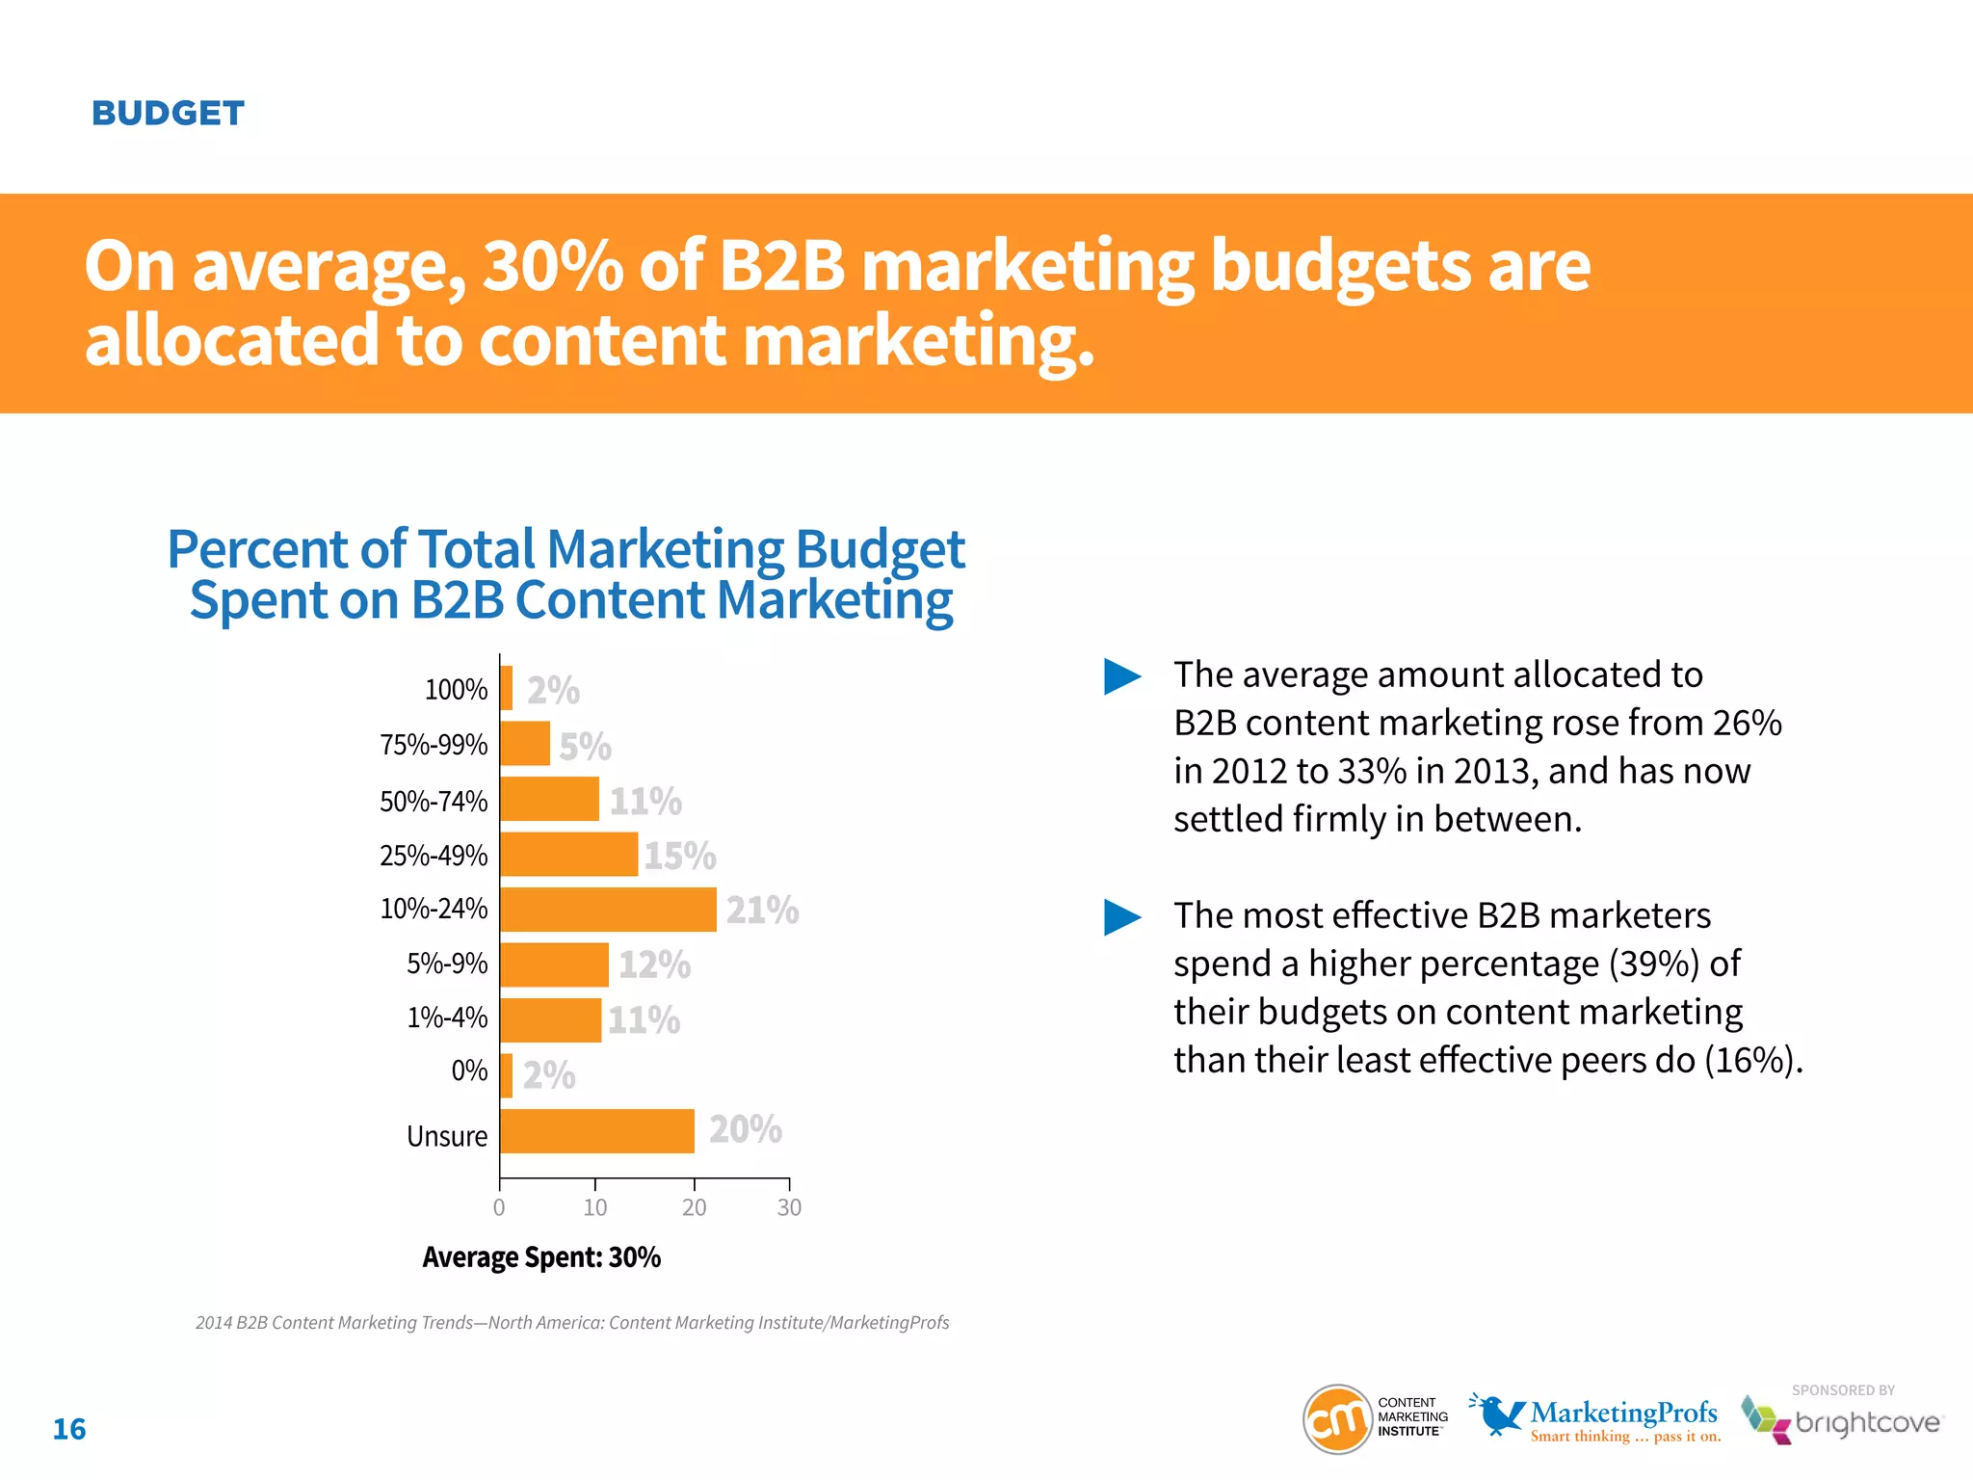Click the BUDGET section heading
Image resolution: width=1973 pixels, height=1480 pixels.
tap(168, 114)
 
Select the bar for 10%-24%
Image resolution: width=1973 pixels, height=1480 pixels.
tap(608, 910)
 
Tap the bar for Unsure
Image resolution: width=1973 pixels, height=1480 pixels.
tap(596, 1131)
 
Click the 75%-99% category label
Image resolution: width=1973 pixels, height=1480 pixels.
tap(434, 745)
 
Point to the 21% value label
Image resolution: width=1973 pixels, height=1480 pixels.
tap(762, 910)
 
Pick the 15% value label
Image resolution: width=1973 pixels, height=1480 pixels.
tap(680, 856)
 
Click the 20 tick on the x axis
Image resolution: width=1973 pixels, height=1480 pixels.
tap(694, 1207)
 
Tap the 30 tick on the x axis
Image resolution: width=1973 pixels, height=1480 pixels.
tap(789, 1207)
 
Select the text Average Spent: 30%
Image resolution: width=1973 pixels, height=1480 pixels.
tap(541, 1257)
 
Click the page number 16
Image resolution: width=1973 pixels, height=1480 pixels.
tap(69, 1429)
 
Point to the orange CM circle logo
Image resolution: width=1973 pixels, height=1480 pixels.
tap(1336, 1419)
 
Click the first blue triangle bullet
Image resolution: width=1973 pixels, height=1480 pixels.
tap(1121, 676)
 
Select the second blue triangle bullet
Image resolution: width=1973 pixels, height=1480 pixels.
tap(1121, 917)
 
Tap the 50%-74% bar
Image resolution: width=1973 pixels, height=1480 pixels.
tap(549, 800)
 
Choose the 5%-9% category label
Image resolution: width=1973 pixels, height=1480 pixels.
tap(447, 964)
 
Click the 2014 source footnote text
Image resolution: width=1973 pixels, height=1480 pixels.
tap(572, 1323)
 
